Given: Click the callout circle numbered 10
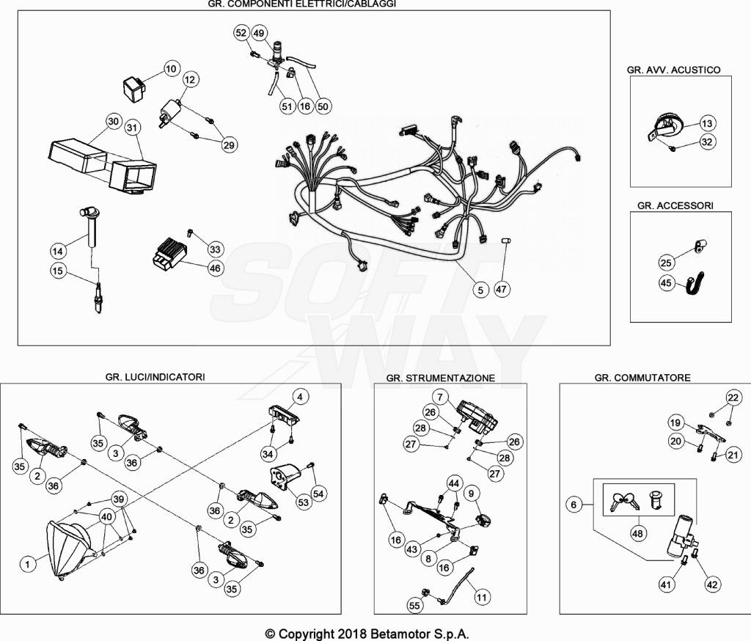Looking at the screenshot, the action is pyautogui.click(x=171, y=69).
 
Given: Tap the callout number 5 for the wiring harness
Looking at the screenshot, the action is pyautogui.click(x=480, y=290).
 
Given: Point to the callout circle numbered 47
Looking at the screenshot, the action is pyautogui.click(x=501, y=290).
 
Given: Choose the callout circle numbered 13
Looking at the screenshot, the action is pyautogui.click(x=707, y=124).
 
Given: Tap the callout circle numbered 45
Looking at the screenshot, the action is pyautogui.click(x=666, y=282).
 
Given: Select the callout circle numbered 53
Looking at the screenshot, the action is pyautogui.click(x=303, y=502).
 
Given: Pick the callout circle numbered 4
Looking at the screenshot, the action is pyautogui.click(x=300, y=398).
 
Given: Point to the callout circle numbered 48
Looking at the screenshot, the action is pyautogui.click(x=637, y=533).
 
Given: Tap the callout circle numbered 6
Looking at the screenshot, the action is pyautogui.click(x=574, y=504).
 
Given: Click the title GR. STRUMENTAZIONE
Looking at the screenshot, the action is pyautogui.click(x=441, y=378).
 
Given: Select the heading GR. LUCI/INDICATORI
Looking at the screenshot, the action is pyautogui.click(x=155, y=377).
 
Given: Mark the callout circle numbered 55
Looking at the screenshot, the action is pyautogui.click(x=414, y=606).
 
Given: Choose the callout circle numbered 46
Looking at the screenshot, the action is pyautogui.click(x=215, y=268).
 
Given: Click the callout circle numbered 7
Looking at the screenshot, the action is pyautogui.click(x=440, y=398).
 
